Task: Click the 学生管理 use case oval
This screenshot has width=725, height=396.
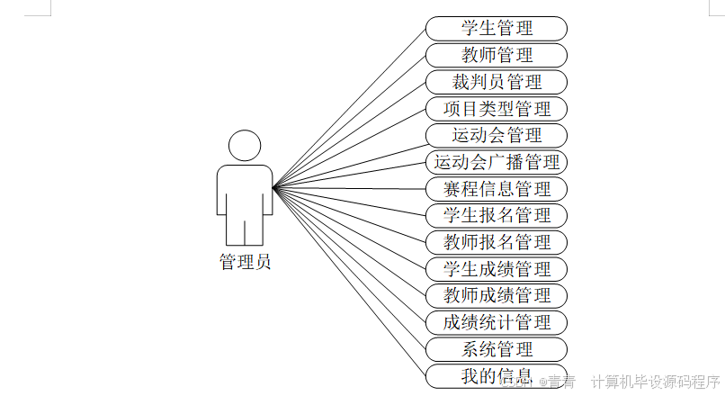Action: pos(497,29)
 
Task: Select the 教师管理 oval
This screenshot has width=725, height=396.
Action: pos(497,56)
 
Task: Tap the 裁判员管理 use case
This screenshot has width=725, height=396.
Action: pos(497,83)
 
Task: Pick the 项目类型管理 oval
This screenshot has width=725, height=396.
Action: pos(497,109)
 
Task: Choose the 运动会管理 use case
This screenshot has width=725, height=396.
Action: pos(497,136)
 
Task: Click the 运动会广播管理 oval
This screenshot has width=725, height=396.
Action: pos(497,163)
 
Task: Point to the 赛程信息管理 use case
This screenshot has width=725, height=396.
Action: pos(497,189)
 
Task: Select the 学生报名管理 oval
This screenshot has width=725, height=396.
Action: pos(497,216)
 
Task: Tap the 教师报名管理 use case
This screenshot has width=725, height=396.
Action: pos(497,242)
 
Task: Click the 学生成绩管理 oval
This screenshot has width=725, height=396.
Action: pos(497,269)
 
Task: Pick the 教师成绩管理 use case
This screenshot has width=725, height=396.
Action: pos(497,295)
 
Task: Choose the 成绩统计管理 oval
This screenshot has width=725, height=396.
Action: pos(497,322)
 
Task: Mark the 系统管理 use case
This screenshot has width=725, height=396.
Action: pos(497,349)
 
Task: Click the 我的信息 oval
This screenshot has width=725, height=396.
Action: pos(497,375)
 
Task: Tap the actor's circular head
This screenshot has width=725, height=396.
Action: pos(245,147)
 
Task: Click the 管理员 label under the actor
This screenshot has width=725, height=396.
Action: pos(245,263)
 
